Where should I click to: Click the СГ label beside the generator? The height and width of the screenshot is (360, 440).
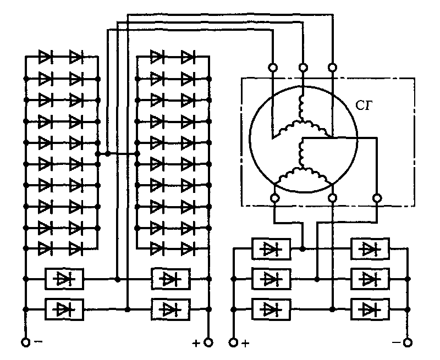tap(364, 106)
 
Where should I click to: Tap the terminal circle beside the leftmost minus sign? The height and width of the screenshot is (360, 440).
tap(25, 342)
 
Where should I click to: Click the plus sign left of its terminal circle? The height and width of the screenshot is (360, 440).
tap(196, 343)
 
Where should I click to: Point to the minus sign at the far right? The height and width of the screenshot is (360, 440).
tap(397, 342)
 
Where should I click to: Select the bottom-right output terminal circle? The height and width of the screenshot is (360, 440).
tap(408, 342)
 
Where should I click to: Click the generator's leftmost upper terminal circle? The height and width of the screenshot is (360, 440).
tap(273, 68)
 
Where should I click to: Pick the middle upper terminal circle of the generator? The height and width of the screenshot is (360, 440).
tap(303, 68)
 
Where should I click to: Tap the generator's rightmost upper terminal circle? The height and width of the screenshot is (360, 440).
tap(333, 68)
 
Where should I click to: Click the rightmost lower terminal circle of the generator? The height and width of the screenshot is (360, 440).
tap(377, 198)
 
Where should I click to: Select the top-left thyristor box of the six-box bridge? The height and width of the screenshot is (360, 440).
tap(271, 248)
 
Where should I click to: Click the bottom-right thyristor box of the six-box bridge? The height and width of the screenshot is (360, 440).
tap(370, 309)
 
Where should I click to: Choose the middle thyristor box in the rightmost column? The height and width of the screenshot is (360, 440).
tap(370, 279)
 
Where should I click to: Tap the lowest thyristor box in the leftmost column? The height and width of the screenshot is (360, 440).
tap(64, 309)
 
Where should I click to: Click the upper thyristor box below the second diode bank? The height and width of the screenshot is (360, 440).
tap(170, 279)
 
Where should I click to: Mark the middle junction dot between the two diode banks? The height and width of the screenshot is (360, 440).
tap(107, 154)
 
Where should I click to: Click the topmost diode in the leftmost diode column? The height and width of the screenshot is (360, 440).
tap(45, 57)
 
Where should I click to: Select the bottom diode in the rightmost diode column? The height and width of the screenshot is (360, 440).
tap(188, 248)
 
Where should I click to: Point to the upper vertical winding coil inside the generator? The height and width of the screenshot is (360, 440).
tap(301, 108)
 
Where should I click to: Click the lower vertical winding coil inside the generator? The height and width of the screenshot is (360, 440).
tap(301, 154)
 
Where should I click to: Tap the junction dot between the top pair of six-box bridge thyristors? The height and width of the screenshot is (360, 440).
tap(302, 248)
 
